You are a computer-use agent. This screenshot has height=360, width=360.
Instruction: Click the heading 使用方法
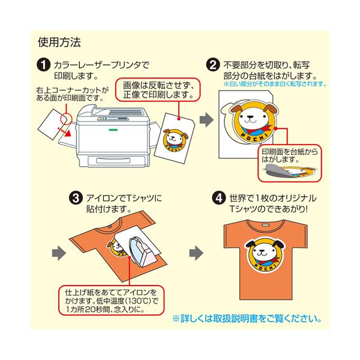(x=59, y=42)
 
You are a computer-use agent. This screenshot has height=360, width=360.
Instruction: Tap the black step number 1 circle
(x=43, y=65)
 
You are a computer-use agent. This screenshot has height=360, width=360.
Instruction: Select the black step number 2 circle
(x=213, y=65)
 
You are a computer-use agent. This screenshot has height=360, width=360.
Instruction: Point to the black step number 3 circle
(x=76, y=198)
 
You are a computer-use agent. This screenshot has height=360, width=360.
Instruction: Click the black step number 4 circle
(x=219, y=198)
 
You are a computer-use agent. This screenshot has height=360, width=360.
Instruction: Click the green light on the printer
(x=113, y=130)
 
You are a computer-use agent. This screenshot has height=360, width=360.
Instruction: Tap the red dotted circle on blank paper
(x=67, y=119)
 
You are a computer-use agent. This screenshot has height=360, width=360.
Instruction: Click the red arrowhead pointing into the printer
(x=68, y=134)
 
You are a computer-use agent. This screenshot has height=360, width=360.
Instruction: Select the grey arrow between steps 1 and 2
(x=206, y=119)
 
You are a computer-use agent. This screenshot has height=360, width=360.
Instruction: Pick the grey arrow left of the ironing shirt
(x=59, y=253)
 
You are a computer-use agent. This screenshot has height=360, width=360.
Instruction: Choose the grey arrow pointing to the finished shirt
(x=196, y=253)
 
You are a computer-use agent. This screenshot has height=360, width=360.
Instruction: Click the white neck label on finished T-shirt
(x=265, y=225)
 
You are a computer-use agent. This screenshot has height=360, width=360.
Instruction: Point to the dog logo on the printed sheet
(x=175, y=140)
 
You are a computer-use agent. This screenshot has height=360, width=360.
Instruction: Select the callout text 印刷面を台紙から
(x=290, y=152)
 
